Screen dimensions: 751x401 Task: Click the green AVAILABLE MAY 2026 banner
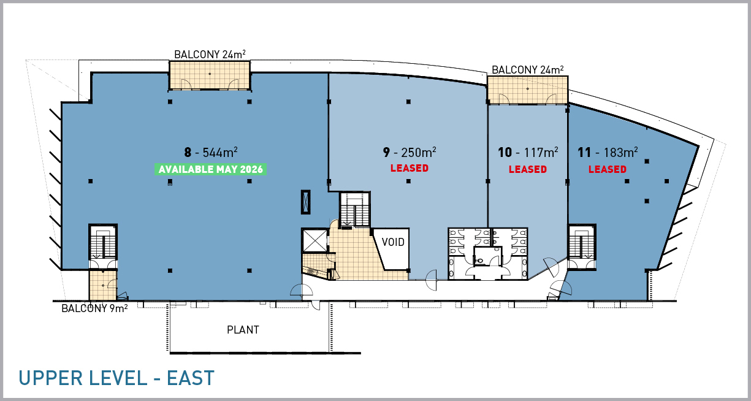pos(210,169)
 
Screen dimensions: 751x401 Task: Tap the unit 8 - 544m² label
pos(211,152)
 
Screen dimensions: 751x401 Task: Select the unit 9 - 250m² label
pos(410,152)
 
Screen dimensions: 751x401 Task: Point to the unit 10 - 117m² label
pos(528,152)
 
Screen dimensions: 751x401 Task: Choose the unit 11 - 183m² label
pos(608,152)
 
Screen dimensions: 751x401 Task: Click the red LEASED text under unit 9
pos(410,168)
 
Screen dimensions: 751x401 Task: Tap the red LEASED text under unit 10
pos(528,169)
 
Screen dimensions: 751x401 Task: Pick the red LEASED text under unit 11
pos(608,169)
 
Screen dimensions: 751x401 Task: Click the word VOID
pos(393,242)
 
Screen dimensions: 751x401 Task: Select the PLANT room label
pos(243,330)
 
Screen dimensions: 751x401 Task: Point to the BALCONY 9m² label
pos(94,308)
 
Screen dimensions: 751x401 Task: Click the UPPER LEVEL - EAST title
pos(116,378)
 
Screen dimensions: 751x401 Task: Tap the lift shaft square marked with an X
pos(315,240)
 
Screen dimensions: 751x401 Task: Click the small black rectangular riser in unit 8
pos(305,202)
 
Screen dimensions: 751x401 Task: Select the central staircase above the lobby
pos(355,210)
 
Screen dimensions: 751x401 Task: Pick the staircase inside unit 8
pos(103,242)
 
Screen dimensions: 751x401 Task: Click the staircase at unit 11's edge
pos(582,242)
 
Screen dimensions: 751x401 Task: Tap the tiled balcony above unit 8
pos(210,75)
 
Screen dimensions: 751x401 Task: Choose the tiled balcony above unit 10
pos(528,90)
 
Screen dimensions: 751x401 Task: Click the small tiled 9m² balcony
pos(103,285)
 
